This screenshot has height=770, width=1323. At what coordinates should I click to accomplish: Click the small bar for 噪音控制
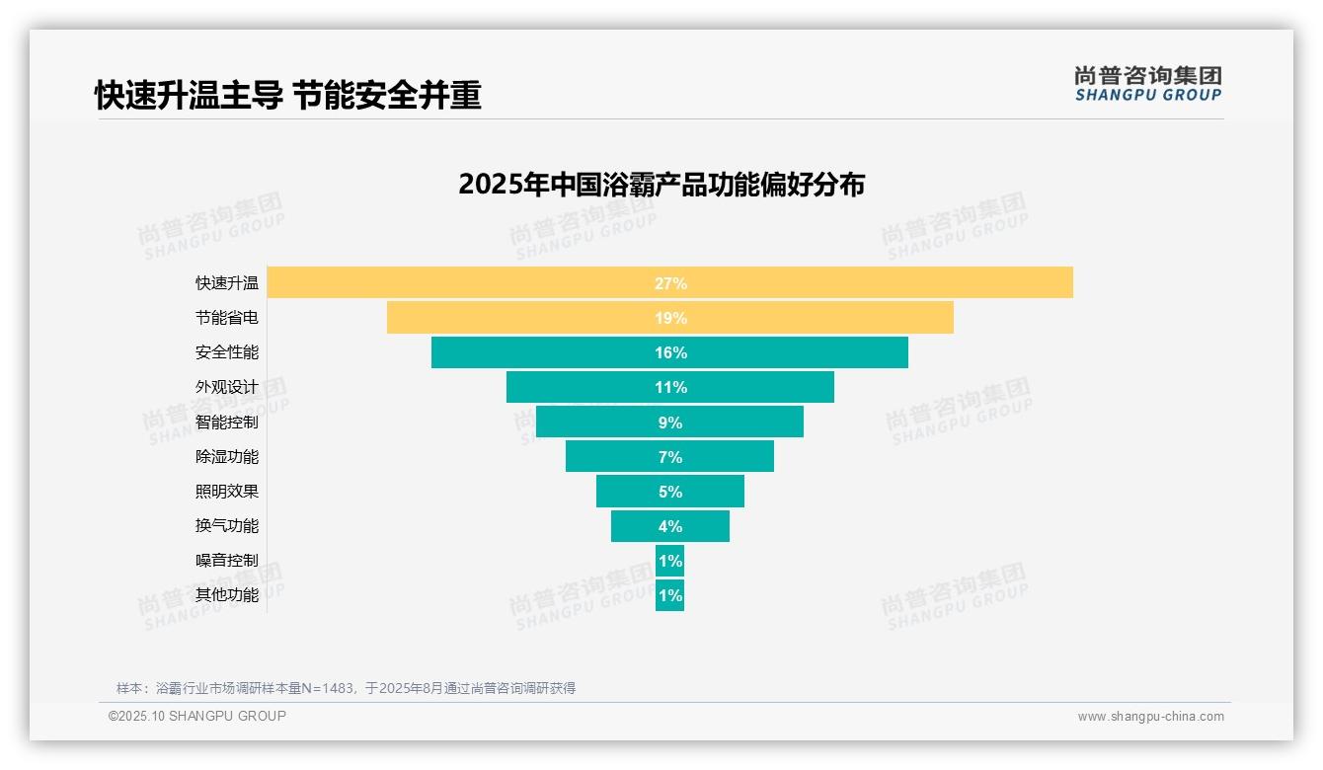pyautogui.click(x=670, y=561)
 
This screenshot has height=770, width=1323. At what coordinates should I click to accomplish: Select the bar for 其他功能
pyautogui.click(x=670, y=595)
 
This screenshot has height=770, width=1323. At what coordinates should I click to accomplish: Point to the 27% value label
pyautogui.click(x=670, y=283)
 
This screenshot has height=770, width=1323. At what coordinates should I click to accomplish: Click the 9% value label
pyautogui.click(x=670, y=423)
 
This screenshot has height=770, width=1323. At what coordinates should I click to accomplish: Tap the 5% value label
pyautogui.click(x=670, y=492)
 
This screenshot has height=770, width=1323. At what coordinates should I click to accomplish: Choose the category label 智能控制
pyautogui.click(x=227, y=423)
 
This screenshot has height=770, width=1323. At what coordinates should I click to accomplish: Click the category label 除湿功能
pyautogui.click(x=227, y=457)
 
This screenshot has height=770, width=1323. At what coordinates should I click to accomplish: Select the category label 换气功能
pyautogui.click(x=227, y=526)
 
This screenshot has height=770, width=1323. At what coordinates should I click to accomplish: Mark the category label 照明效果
pyautogui.click(x=227, y=492)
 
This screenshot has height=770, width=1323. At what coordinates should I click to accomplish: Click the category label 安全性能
pyautogui.click(x=227, y=352)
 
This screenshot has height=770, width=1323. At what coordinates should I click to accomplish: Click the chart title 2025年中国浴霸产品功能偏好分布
pyautogui.click(x=661, y=185)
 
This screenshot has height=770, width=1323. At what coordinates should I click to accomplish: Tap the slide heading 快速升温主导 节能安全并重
pyautogui.click(x=288, y=96)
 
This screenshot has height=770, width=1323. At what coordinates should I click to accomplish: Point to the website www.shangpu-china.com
pyautogui.click(x=1150, y=717)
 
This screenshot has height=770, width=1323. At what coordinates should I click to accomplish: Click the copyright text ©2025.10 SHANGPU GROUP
pyautogui.click(x=197, y=716)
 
